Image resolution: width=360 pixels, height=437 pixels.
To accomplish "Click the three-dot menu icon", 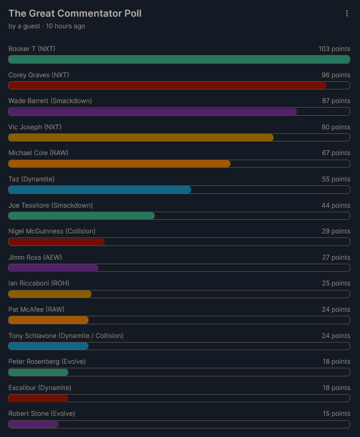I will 347,14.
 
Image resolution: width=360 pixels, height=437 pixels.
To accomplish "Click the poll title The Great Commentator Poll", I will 75,14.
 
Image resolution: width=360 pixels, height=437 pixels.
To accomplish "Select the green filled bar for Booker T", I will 179,59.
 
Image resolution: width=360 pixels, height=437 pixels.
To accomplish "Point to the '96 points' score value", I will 336,75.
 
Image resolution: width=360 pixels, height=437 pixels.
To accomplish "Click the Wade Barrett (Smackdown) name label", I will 50,101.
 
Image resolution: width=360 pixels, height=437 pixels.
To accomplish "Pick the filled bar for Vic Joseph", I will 141,137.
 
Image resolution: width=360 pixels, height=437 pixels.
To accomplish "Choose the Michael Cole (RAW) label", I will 38,153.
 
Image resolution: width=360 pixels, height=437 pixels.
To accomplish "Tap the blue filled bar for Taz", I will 100,190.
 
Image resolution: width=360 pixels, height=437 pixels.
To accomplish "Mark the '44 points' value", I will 336,206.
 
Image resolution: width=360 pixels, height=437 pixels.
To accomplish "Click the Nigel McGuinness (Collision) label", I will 52,231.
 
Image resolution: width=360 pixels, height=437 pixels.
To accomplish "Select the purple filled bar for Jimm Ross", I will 53,268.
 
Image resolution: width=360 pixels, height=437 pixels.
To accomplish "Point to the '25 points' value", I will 336,283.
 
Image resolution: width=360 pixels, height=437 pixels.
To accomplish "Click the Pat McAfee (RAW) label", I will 36,310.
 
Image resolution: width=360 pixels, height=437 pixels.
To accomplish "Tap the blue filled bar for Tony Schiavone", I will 49,346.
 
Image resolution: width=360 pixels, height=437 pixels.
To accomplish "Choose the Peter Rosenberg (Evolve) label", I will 47,362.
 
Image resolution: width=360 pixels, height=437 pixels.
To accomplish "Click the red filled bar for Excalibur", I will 38,398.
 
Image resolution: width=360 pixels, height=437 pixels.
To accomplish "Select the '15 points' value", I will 336,414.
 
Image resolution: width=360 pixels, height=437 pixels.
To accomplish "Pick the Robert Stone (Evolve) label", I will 41,414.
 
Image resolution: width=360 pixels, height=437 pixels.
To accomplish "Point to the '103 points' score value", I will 334,49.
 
